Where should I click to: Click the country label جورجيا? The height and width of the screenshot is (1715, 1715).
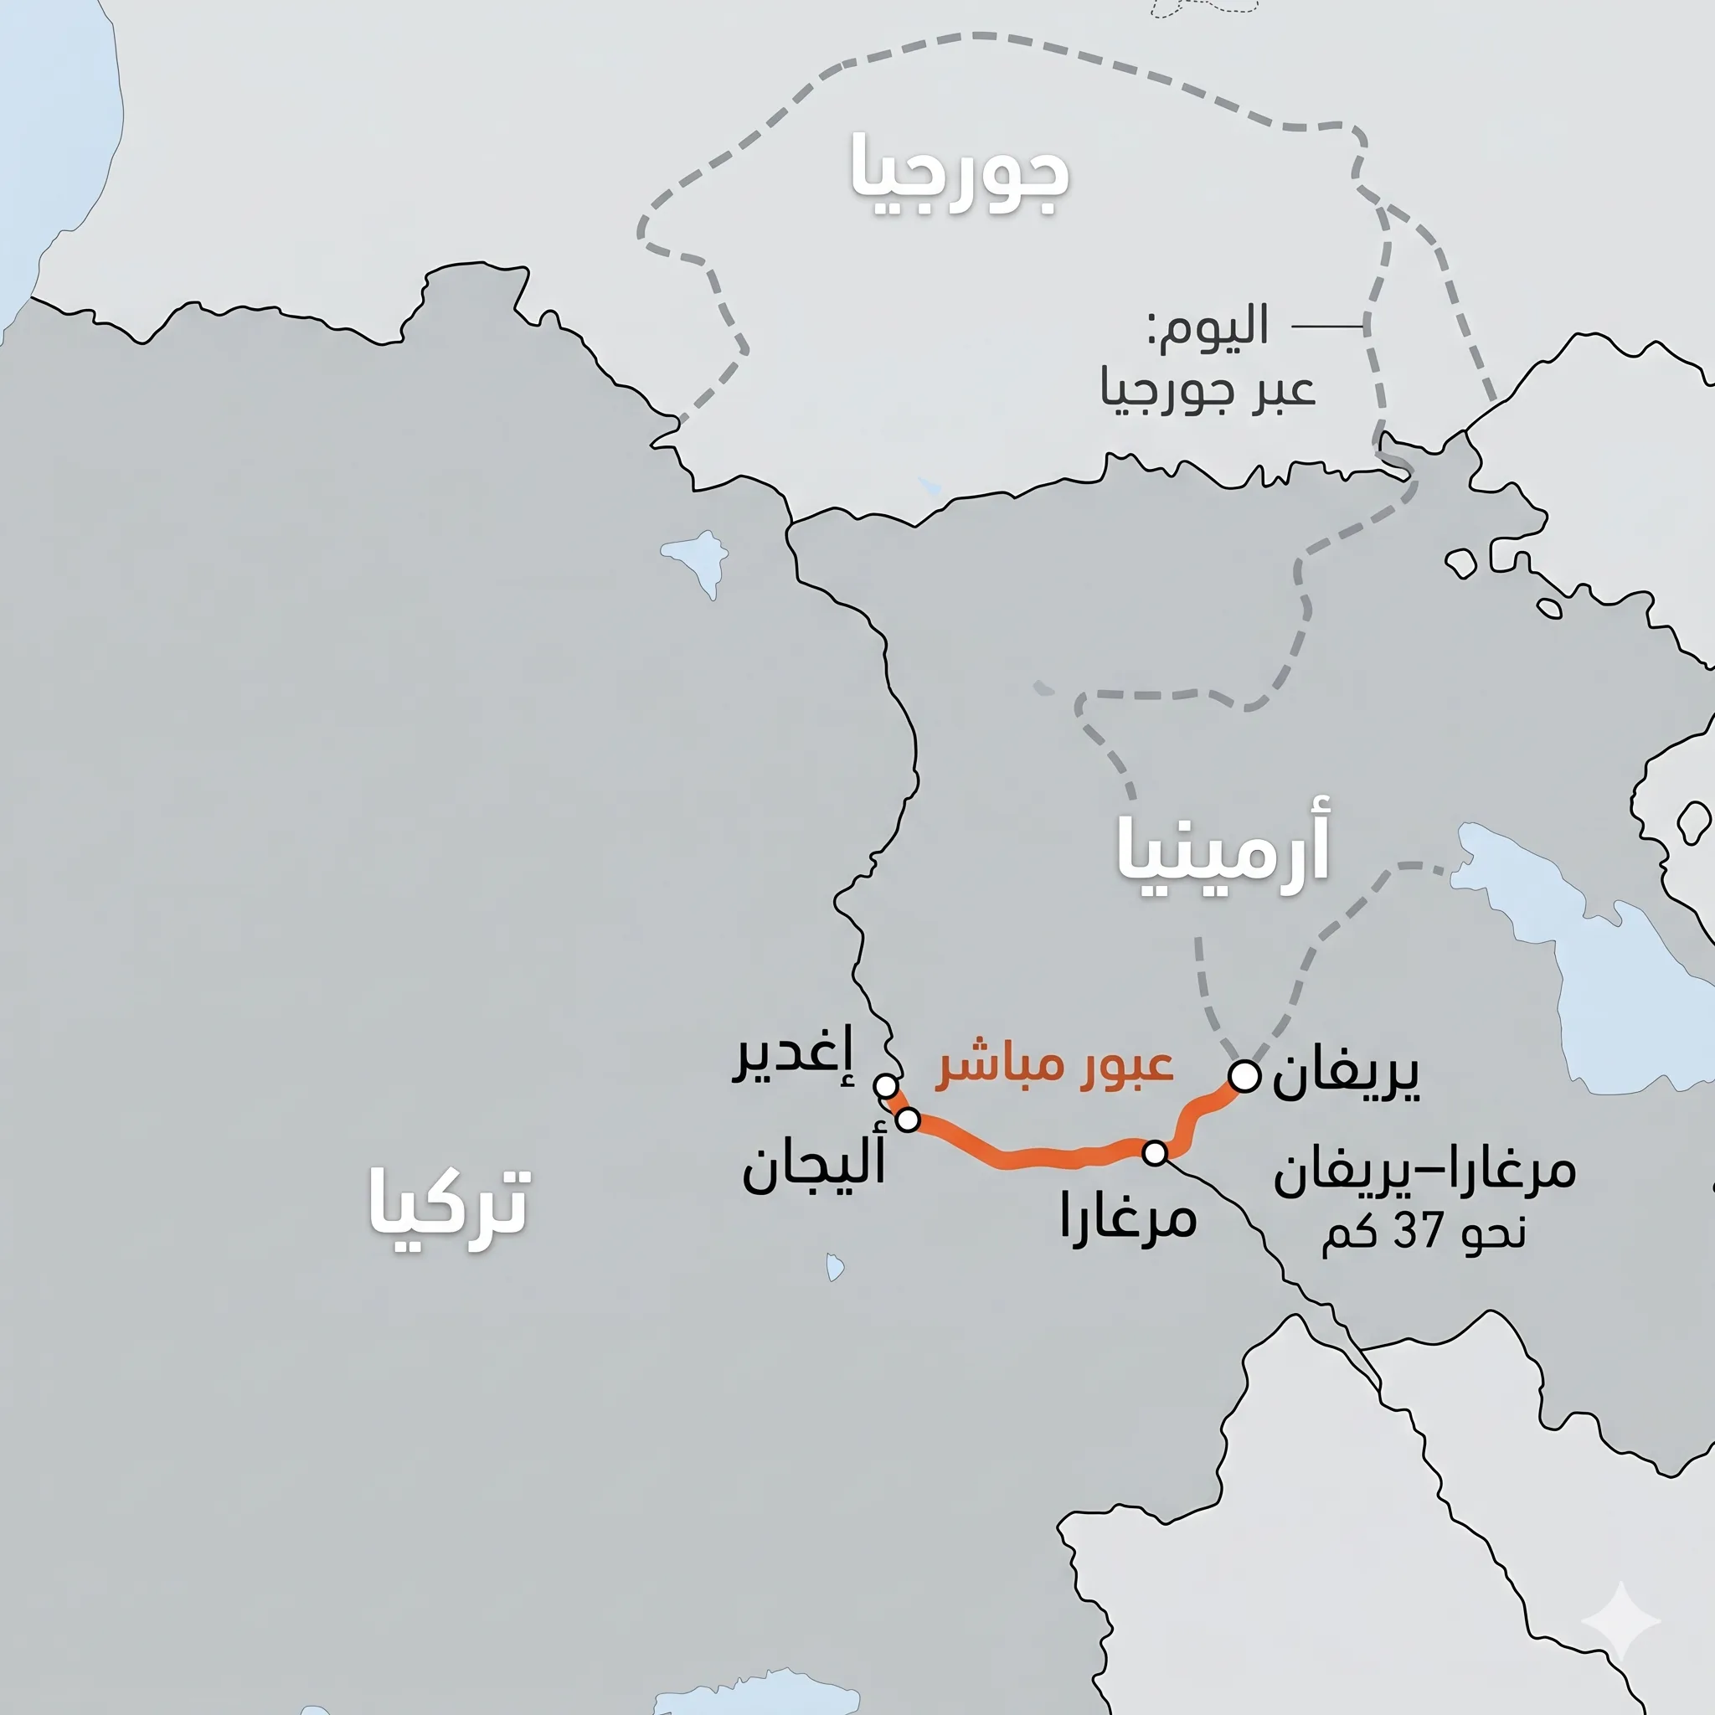point(961,176)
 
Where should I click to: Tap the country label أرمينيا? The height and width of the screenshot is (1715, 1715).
point(1223,852)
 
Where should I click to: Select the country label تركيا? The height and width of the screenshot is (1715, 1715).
point(449,1203)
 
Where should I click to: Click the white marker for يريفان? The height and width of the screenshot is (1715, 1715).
point(1244,1076)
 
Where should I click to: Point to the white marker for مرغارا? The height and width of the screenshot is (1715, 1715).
point(1155,1153)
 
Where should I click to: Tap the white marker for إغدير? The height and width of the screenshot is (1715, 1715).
point(885,1084)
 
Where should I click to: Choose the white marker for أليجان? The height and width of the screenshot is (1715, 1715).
point(907,1120)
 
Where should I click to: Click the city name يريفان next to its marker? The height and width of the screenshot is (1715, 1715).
point(1346,1076)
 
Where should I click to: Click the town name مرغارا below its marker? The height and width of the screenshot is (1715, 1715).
point(1128,1218)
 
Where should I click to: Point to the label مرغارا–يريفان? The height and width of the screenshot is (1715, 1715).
point(1424,1172)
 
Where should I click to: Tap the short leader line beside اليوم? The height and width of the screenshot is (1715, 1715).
point(1327,327)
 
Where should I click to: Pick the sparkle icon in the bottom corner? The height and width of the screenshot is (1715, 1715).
point(1620,1621)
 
